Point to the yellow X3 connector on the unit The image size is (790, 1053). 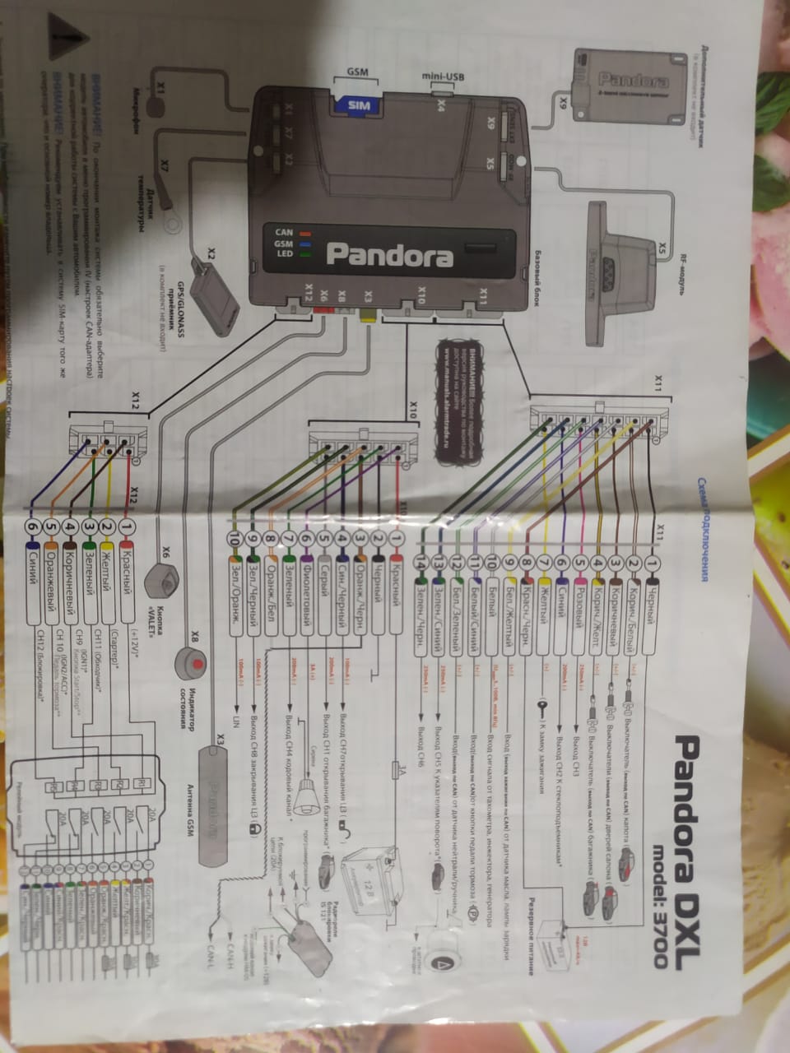coord(368,315)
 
